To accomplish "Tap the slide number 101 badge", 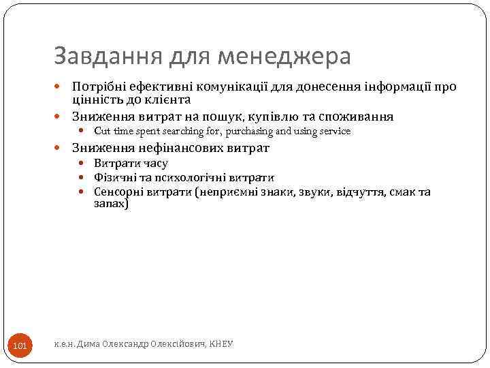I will click(20, 347).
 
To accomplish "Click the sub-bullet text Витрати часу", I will click(131, 164).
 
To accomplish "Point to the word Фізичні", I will click(114, 178).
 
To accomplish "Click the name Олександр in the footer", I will click(123, 345).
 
